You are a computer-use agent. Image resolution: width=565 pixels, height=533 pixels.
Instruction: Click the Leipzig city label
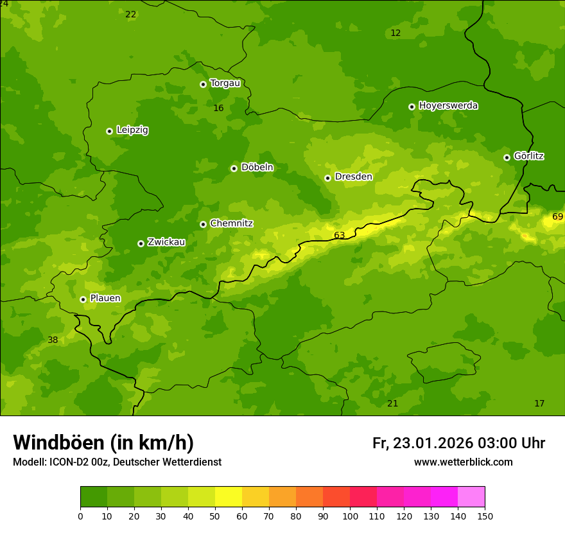[x=132, y=130]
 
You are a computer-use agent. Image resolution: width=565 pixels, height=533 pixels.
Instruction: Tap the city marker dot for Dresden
[x=327, y=178]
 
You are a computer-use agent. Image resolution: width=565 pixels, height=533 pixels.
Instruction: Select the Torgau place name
[x=225, y=83]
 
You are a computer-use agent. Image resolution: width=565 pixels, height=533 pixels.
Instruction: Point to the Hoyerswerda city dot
[x=412, y=107]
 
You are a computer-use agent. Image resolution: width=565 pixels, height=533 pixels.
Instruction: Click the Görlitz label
[x=529, y=156]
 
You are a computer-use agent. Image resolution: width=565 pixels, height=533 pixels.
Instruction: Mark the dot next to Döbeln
[x=234, y=168]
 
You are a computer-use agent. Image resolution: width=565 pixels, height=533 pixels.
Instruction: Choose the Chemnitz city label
[x=231, y=223]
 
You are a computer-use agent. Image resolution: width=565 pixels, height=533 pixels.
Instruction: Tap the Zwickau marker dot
[x=141, y=243]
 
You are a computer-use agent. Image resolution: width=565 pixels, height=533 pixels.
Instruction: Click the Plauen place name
[x=105, y=299]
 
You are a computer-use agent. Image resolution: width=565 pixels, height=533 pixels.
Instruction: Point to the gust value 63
[x=339, y=236]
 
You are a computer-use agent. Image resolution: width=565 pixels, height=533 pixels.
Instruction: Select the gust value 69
[x=557, y=217]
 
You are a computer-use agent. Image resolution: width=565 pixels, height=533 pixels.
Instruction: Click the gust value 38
[x=53, y=340]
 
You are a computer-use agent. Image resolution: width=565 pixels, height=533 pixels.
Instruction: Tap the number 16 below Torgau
[x=218, y=109]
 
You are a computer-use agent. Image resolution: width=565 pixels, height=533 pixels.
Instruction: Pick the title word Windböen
[x=58, y=443]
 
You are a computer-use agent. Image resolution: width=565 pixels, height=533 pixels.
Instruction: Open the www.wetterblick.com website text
[x=463, y=462]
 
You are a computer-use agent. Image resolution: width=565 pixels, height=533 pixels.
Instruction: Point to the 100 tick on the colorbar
[x=350, y=516]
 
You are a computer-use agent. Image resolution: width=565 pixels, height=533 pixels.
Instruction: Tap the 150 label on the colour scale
[x=485, y=516]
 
